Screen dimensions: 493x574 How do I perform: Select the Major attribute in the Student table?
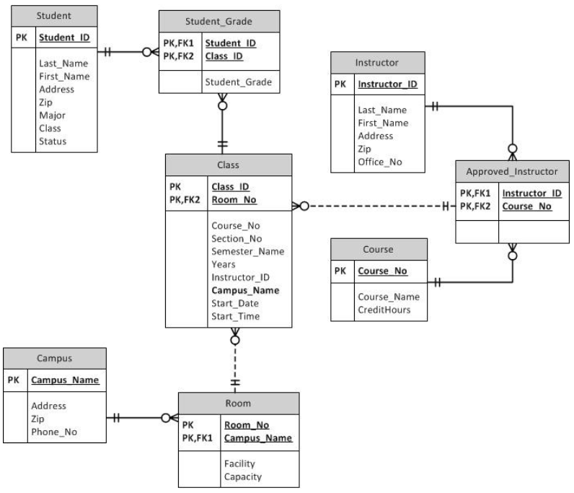pyautogui.click(x=52, y=115)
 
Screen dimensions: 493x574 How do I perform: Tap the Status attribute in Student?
pyautogui.click(x=53, y=141)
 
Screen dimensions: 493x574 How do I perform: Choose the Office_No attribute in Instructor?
pyautogui.click(x=379, y=162)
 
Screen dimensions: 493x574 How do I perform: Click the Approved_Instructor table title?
pyautogui.click(x=512, y=172)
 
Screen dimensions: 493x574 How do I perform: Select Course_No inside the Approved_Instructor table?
pyautogui.click(x=526, y=206)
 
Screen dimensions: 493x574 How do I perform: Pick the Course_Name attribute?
pyautogui.click(x=388, y=297)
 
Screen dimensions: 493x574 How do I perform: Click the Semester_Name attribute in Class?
pyautogui.click(x=247, y=251)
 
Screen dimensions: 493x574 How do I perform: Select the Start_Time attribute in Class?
pyautogui.click(x=235, y=316)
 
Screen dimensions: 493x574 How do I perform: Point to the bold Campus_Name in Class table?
pyautogui.click(x=245, y=290)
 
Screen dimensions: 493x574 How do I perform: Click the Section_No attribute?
pyautogui.click(x=237, y=238)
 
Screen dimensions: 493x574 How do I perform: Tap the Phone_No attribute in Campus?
pyautogui.click(x=53, y=432)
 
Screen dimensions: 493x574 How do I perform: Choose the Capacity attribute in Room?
pyautogui.click(x=243, y=476)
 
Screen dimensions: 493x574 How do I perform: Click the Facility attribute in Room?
pyautogui.click(x=239, y=463)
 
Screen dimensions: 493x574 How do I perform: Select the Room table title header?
pyautogui.click(x=237, y=403)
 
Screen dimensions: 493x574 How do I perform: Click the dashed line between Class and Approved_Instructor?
pyautogui.click(x=375, y=206)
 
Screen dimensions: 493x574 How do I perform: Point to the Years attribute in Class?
pyautogui.click(x=224, y=264)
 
